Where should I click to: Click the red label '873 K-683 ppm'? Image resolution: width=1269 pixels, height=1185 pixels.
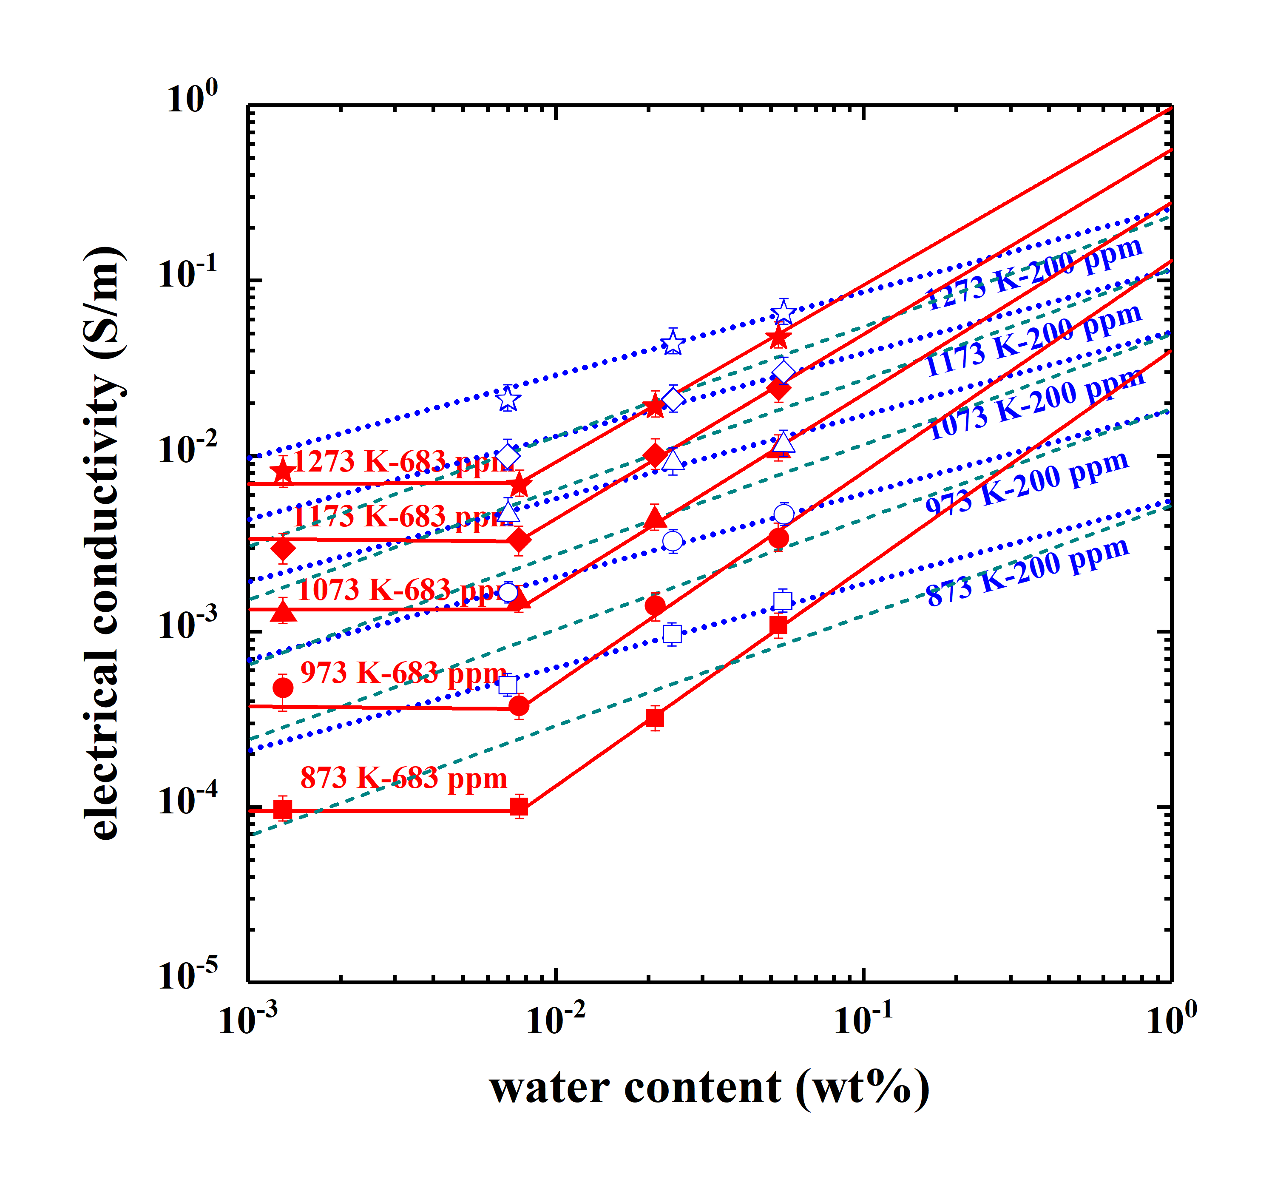coord(403,778)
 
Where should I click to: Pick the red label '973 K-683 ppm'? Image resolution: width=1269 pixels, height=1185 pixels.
coord(403,673)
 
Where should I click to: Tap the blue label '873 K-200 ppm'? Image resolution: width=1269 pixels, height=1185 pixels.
coord(1028,572)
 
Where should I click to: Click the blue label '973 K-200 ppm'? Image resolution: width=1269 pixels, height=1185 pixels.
coord(1028,483)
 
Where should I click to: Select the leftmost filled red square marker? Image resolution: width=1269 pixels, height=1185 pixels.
coord(283,810)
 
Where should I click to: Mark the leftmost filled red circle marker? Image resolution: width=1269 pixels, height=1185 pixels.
coord(283,688)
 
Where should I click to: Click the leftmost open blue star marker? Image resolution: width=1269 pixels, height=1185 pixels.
coord(508,400)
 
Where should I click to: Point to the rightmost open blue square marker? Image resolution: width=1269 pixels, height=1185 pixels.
coord(783,601)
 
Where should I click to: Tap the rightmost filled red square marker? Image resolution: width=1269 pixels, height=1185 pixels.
coord(778,625)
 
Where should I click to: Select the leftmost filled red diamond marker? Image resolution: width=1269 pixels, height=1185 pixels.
coord(283,548)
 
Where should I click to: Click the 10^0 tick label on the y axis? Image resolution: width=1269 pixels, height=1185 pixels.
coord(191,99)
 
